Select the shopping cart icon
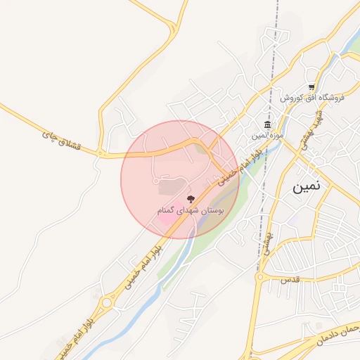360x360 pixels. (x=311, y=87)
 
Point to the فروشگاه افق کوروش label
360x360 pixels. (x=311, y=98)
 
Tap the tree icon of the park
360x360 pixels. (x=191, y=200)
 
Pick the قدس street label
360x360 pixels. (x=290, y=279)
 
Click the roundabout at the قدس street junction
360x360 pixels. (x=259, y=278)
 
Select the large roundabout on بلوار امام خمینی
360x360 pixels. (x=107, y=303)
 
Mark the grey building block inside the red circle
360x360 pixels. (x=168, y=188)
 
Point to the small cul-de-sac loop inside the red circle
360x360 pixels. (x=155, y=181)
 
